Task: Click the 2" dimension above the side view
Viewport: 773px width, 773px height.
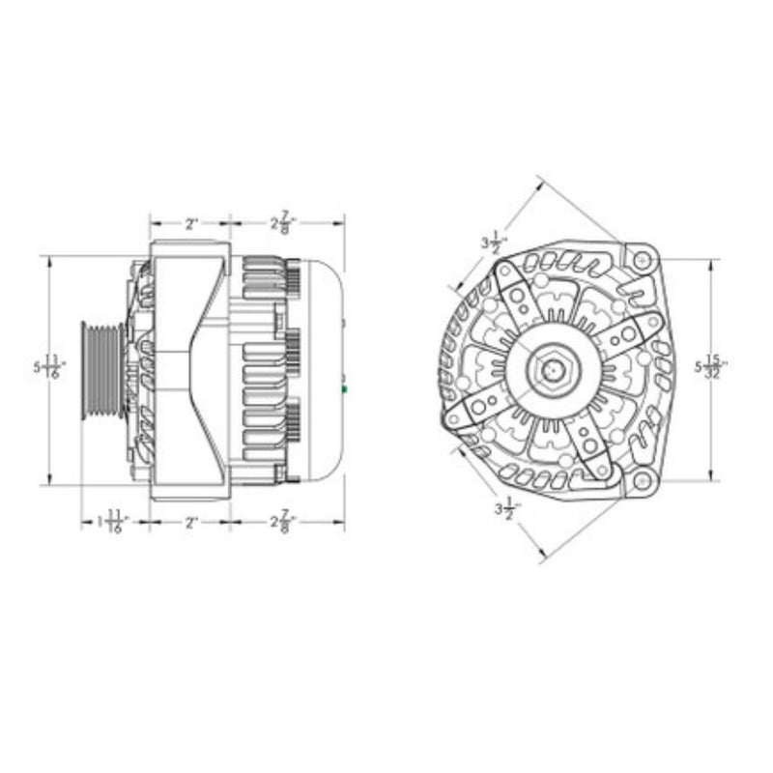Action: point(190,223)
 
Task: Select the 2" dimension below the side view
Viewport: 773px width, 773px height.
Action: point(190,523)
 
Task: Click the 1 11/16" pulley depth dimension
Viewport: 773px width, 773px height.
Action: point(113,524)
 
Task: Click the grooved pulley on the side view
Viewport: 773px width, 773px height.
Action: point(101,369)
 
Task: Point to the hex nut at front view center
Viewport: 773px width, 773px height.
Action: point(553,369)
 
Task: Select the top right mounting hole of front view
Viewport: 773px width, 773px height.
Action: point(641,259)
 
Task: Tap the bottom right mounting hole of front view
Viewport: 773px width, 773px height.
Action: point(641,479)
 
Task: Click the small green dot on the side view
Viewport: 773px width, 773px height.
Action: point(345,389)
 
